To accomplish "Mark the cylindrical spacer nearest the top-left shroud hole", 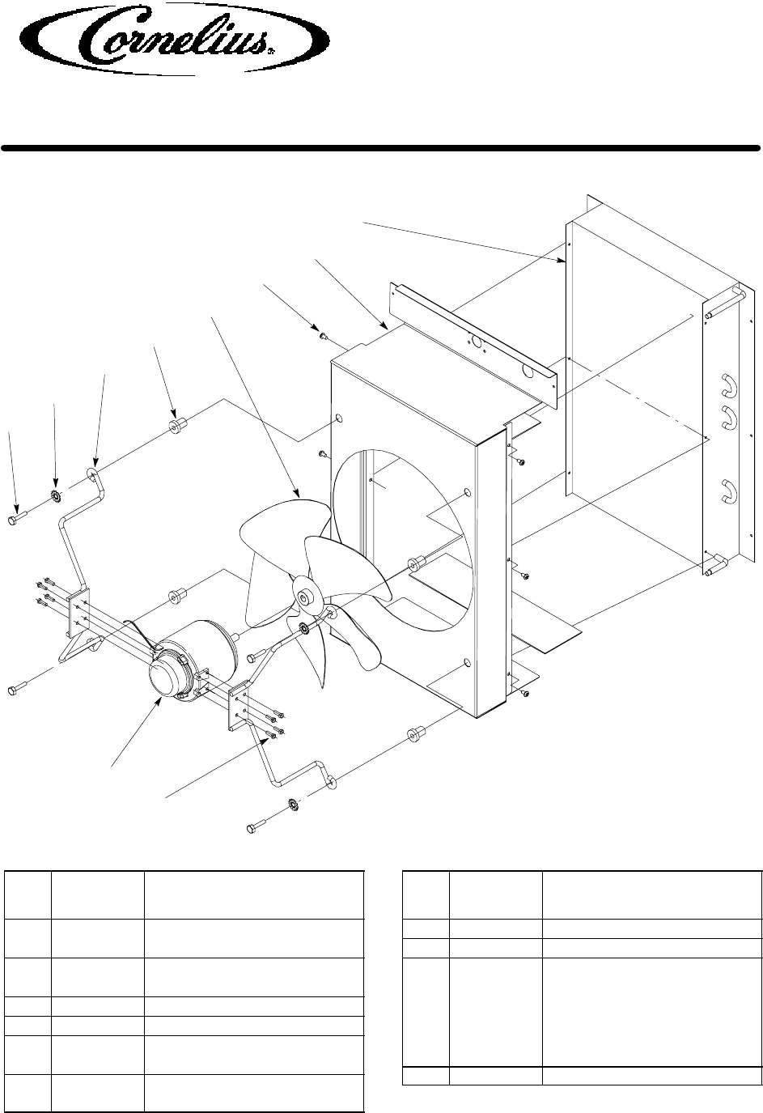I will click(x=175, y=426).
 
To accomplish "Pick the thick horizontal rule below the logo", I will click(x=381, y=148).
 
